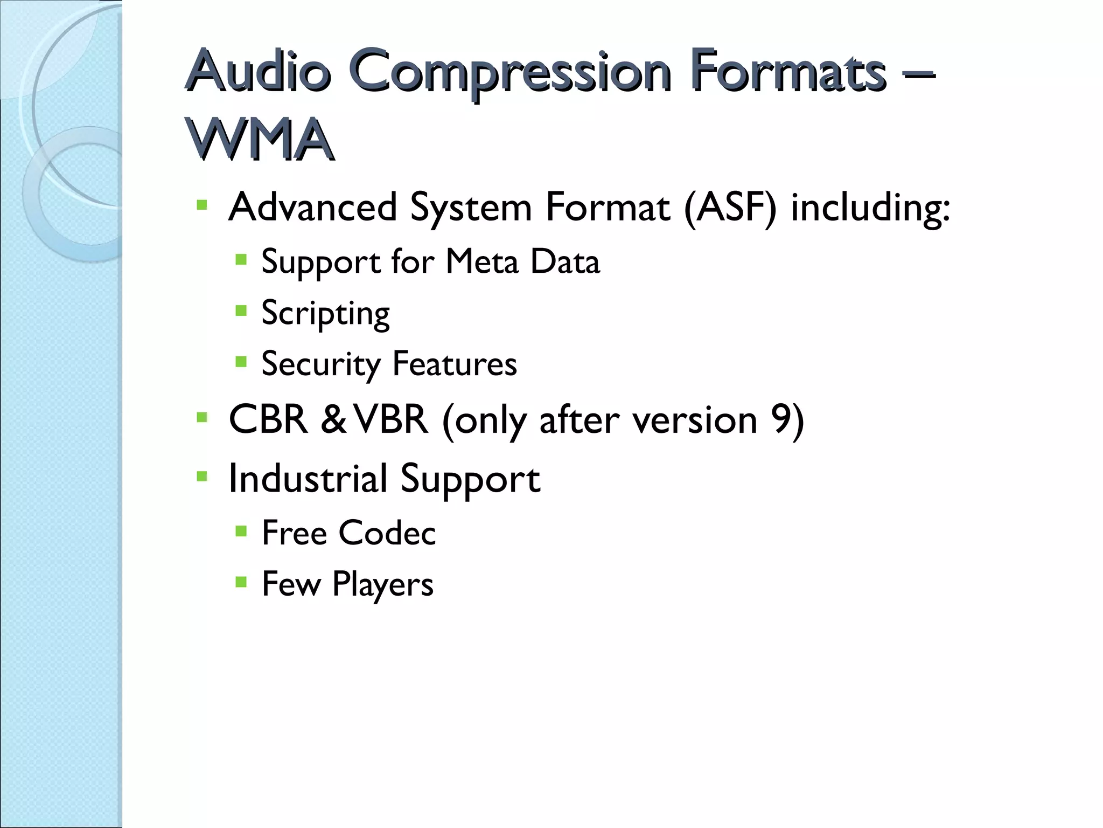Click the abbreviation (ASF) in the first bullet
(730, 208)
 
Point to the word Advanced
(313, 207)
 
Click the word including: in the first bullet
(870, 208)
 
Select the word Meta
(482, 262)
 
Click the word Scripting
(325, 314)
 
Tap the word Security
(320, 365)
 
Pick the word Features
(455, 364)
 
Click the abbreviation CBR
(268, 419)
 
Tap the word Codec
(387, 533)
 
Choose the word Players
(383, 584)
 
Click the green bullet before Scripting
(241, 310)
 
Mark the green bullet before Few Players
(241, 582)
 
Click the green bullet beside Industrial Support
(202, 476)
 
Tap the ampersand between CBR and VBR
(333, 420)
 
